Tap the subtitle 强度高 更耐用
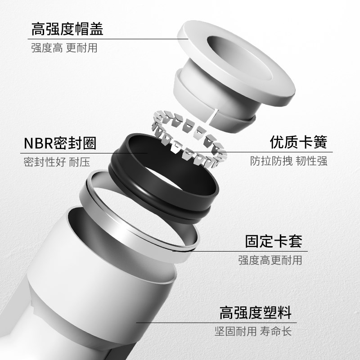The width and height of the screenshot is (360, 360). pos(64,47)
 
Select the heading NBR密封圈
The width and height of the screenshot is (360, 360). pos(60,144)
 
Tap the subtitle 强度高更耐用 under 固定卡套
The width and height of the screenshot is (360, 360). pos(270,260)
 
